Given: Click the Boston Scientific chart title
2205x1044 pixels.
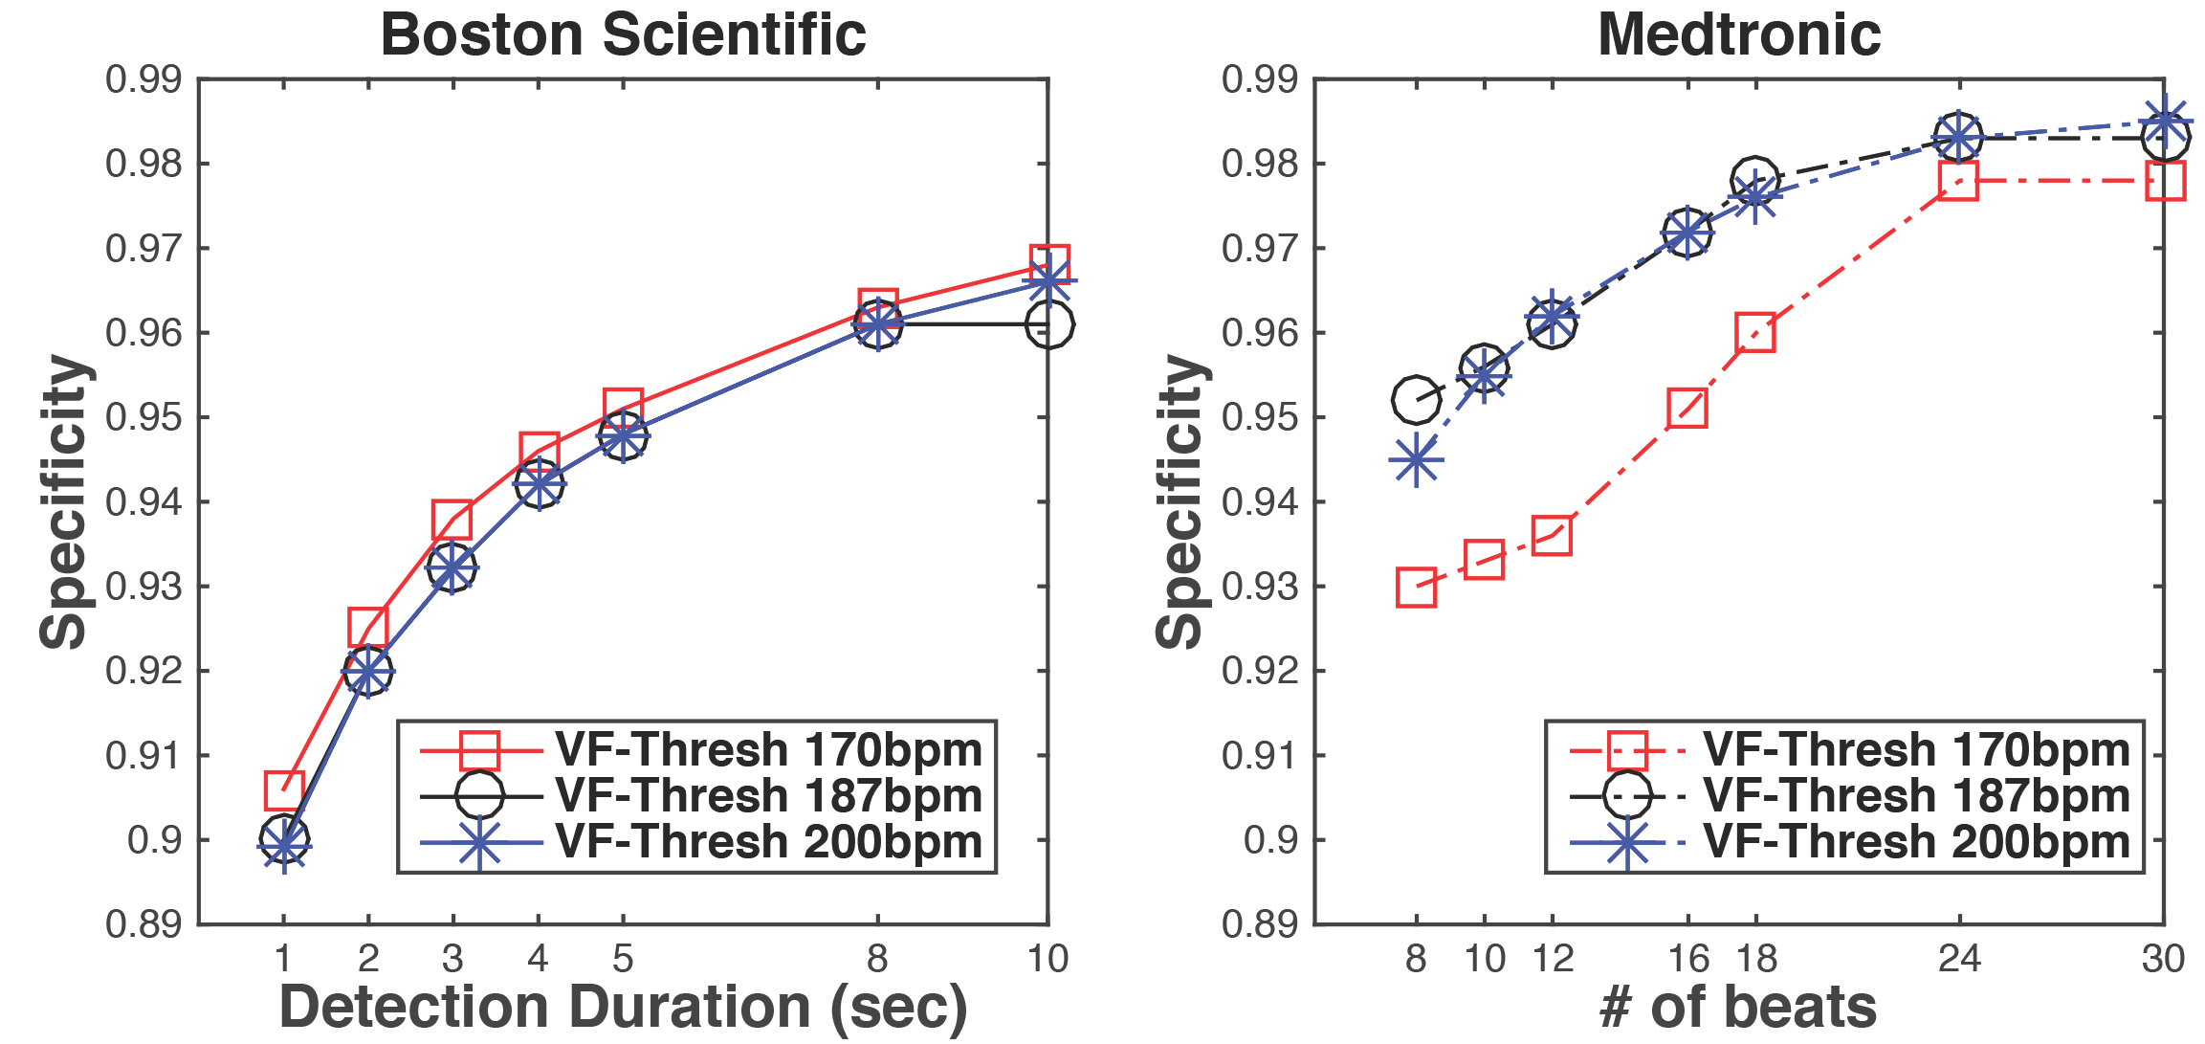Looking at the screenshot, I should click(x=623, y=35).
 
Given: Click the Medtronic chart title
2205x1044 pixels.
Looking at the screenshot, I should click(x=1739, y=35).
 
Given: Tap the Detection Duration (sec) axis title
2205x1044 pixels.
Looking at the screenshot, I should click(x=623, y=1008).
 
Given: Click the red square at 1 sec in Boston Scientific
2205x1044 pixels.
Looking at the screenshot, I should click(x=283, y=790).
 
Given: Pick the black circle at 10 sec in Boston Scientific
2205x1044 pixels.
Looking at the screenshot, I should click(x=1048, y=325).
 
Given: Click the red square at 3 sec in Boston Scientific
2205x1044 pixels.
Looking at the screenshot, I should click(x=452, y=520).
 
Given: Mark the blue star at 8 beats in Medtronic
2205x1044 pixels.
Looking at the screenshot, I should click(x=1416, y=460).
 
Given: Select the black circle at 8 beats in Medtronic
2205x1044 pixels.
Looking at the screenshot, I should click(x=1416, y=400).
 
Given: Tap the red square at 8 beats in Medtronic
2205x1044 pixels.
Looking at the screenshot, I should click(x=1416, y=588).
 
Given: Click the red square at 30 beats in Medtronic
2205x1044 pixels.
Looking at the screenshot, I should click(x=2164, y=180).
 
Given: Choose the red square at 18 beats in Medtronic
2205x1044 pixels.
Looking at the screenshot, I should click(x=1755, y=333).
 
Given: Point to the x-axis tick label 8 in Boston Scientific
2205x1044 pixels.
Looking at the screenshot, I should click(x=877, y=959).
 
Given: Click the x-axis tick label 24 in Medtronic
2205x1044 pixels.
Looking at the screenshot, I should click(x=1958, y=959).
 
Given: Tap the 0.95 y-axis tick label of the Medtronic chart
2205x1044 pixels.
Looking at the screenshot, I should click(x=1260, y=418).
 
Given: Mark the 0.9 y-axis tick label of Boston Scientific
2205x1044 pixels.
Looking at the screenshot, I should click(x=154, y=840).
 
